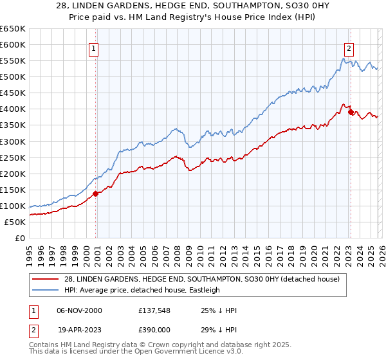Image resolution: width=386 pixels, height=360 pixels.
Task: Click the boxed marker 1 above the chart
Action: tap(94, 48)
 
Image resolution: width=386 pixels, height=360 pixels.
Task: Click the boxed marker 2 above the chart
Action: tap(349, 48)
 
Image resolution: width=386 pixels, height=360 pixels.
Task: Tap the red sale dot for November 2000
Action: tap(95, 193)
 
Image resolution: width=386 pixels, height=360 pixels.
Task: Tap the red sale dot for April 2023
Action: tap(351, 112)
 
